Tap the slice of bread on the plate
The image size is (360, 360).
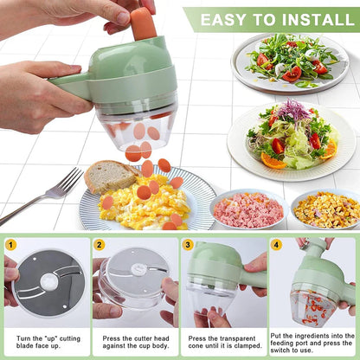(x=108, y=177)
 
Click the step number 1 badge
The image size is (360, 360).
(x=10, y=245)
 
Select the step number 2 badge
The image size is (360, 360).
(x=100, y=245)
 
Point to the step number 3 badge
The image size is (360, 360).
(x=188, y=245)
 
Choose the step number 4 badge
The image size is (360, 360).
(x=276, y=245)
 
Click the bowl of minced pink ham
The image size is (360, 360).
(x=248, y=209)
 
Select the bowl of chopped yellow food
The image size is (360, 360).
(x=326, y=209)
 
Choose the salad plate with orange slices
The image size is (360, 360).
(x=291, y=140)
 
